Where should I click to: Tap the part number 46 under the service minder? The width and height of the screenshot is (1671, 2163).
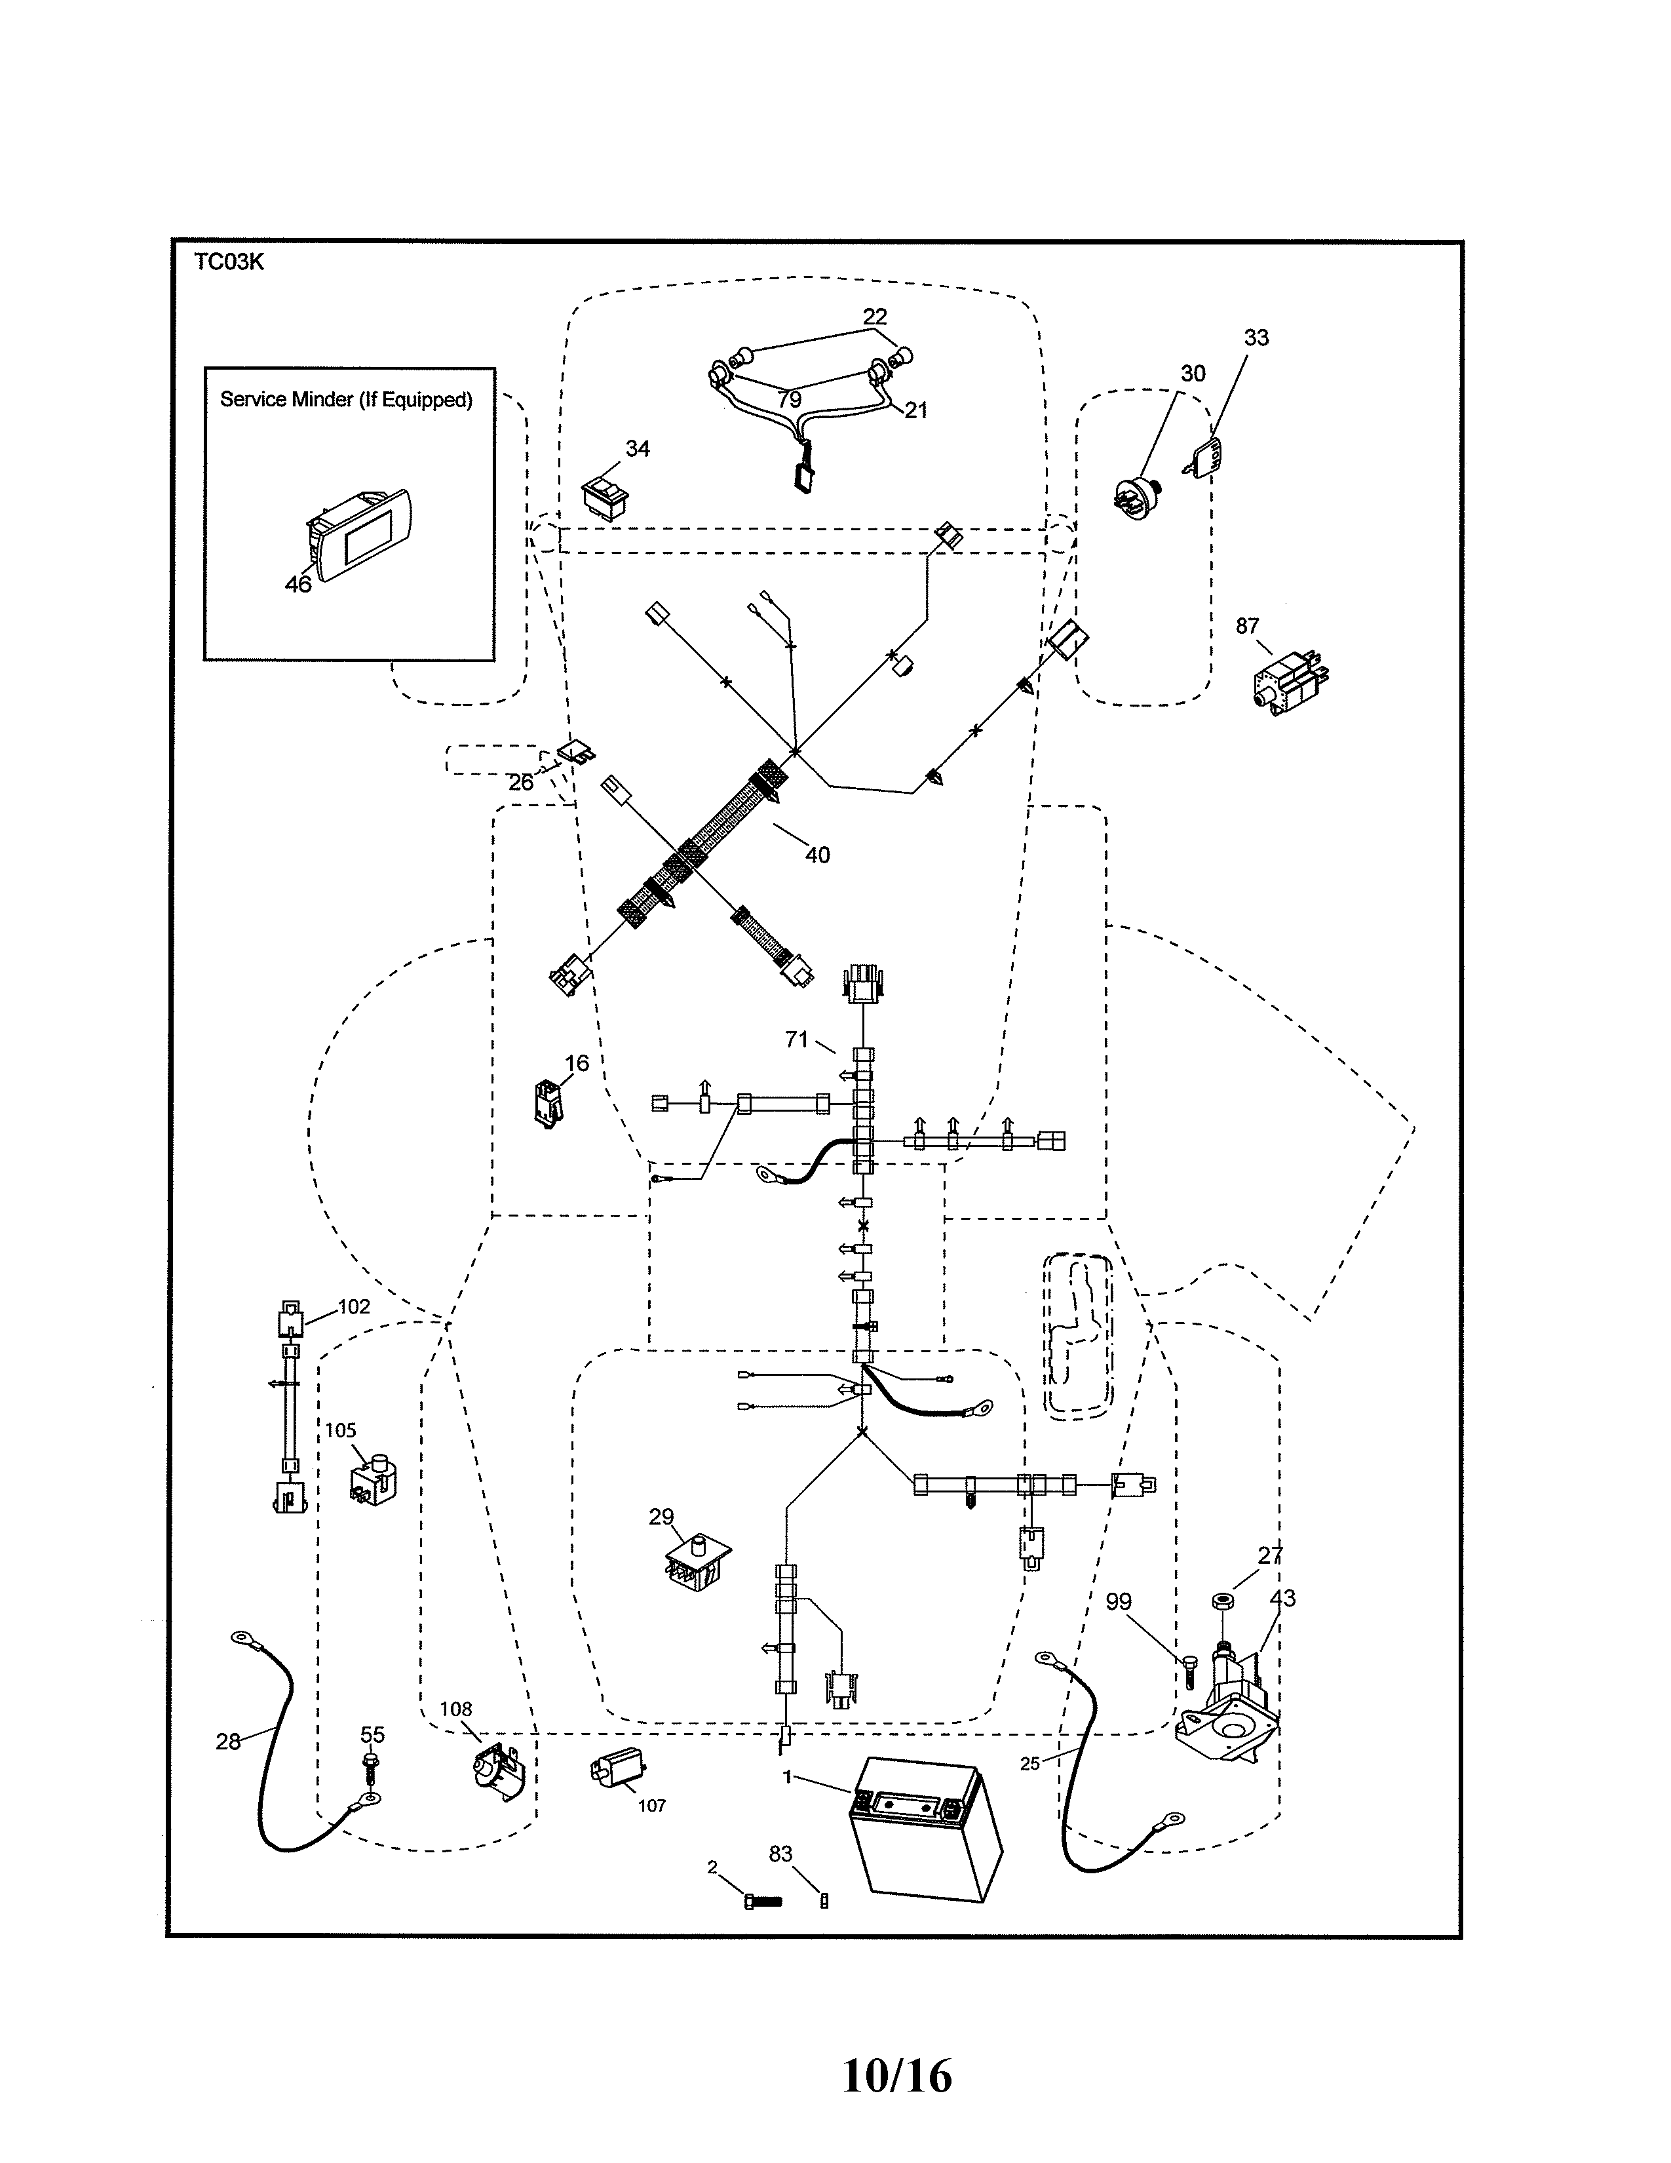(x=298, y=584)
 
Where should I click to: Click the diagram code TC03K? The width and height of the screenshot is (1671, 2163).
(x=229, y=262)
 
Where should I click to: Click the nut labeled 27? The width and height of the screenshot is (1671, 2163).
(x=1221, y=1599)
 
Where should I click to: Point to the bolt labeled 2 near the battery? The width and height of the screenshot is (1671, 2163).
(x=761, y=1901)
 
